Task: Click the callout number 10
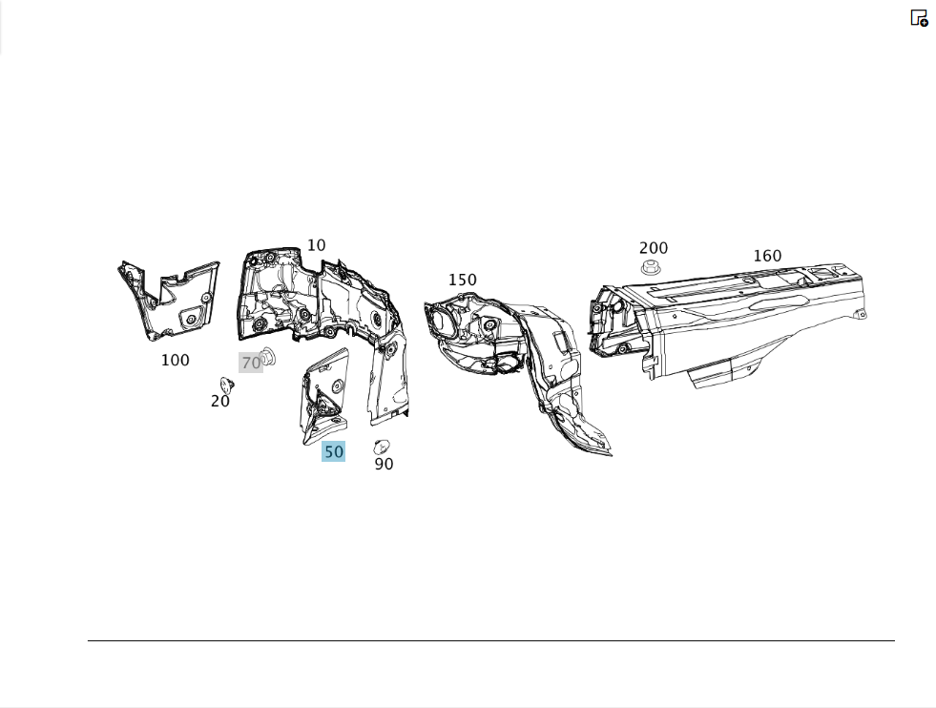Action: coord(317,245)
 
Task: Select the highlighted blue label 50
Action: coord(334,451)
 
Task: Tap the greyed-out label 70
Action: coord(251,363)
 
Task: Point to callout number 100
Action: coord(176,360)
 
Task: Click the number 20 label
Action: coord(220,401)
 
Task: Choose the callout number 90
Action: coord(384,464)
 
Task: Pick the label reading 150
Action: coord(463,280)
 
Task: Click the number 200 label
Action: coord(654,248)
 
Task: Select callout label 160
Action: coord(768,256)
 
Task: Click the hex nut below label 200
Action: coord(651,267)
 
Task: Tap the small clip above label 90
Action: coord(382,447)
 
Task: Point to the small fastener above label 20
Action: coord(227,384)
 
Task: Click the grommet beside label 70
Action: coord(269,356)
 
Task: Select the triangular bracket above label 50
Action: coord(324,397)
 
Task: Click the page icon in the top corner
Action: coord(919,18)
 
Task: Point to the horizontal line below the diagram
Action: coord(491,640)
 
